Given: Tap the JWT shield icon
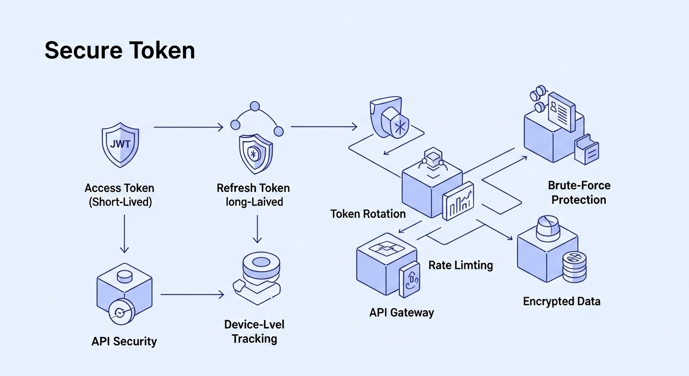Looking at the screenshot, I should [120, 145].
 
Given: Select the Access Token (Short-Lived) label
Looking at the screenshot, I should [119, 195].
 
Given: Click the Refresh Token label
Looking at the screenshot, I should [253, 188].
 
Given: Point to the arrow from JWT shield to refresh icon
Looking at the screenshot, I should [188, 127].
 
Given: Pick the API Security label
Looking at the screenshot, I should [124, 341].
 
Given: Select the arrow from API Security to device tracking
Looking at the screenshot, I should [192, 294].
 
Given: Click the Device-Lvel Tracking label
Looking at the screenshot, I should [254, 331].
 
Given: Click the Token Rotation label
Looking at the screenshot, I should [368, 214].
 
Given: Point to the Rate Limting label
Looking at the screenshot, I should [460, 265].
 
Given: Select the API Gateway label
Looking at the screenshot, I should [401, 312].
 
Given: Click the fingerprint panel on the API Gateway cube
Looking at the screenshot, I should [410, 281].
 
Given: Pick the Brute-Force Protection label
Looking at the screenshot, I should [579, 192].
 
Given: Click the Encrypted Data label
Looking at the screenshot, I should [561, 301].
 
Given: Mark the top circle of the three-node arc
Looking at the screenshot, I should [254, 106].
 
